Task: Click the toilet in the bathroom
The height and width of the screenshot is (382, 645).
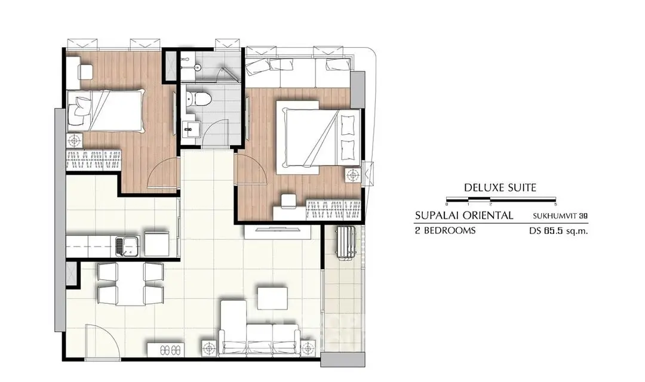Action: (198, 98)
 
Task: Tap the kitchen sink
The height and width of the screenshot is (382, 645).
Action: (126, 245)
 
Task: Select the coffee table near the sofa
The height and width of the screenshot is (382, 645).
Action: (273, 298)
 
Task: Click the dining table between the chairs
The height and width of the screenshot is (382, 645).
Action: (130, 284)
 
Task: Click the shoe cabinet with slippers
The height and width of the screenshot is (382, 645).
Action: (166, 350)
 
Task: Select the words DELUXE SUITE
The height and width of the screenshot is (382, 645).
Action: (500, 187)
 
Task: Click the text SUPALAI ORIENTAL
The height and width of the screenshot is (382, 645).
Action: (464, 215)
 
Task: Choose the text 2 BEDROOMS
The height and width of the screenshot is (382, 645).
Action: (445, 230)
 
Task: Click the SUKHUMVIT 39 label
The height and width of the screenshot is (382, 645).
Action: (560, 215)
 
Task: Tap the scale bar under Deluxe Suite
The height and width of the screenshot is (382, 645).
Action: (501, 200)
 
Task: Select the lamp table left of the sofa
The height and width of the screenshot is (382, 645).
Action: (209, 349)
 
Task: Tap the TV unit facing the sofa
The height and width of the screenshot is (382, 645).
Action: (278, 232)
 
